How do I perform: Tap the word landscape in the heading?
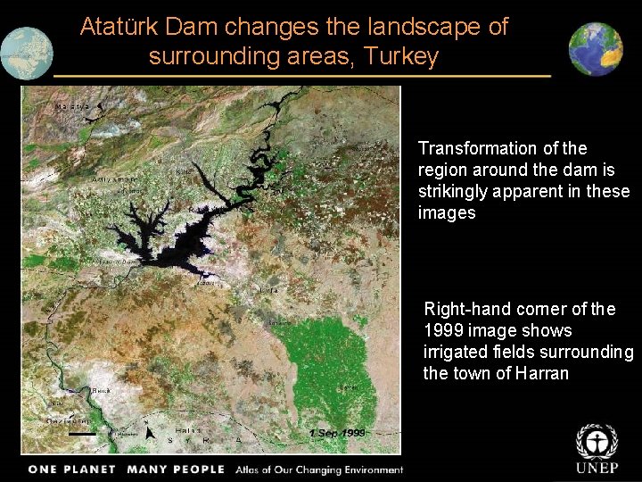[404, 27]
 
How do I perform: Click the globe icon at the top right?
[597, 50]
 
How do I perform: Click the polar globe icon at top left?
[26, 54]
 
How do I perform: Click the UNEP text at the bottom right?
[597, 470]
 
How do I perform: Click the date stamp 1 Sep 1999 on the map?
[338, 433]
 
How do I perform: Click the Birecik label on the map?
[105, 391]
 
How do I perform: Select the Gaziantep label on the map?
[68, 420]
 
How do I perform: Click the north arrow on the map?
[149, 432]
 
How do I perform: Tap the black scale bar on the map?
[81, 434]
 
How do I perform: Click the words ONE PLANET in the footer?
[72, 470]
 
